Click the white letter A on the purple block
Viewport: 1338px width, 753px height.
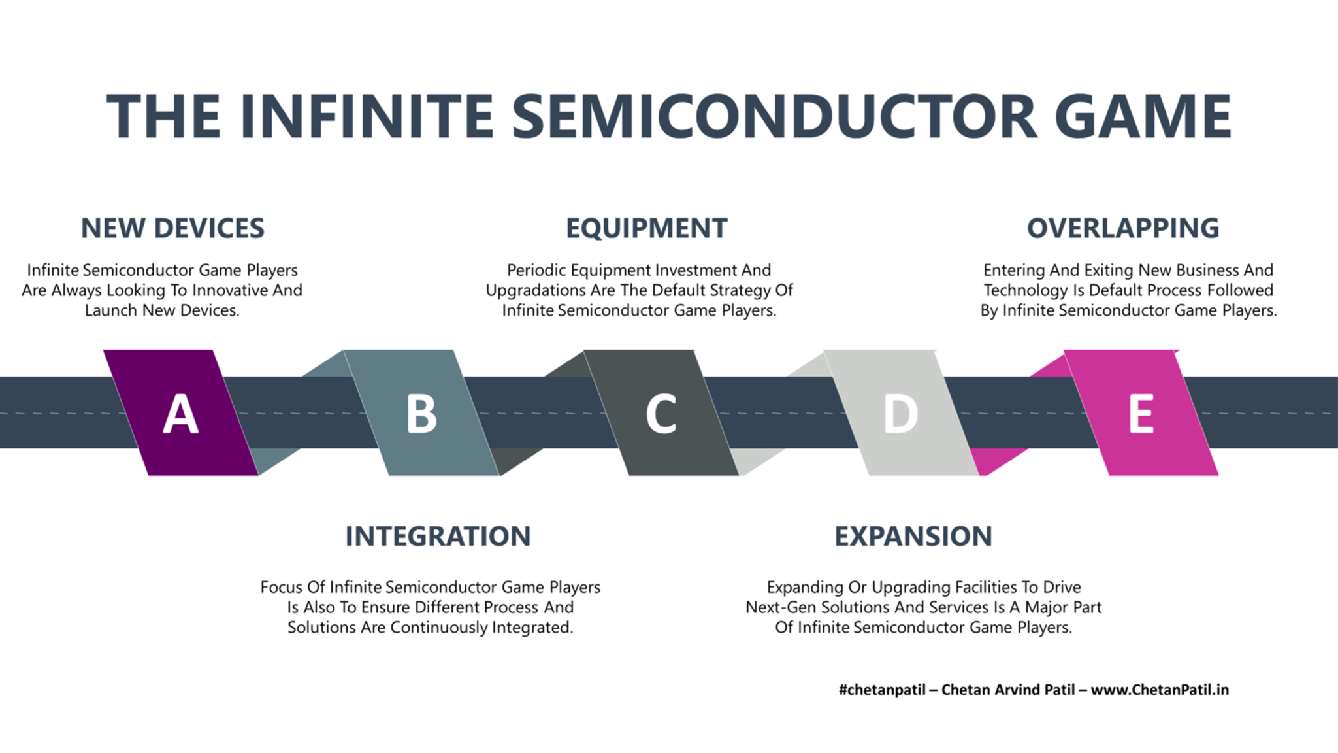[x=180, y=414]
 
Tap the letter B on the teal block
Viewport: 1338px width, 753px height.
[x=421, y=414]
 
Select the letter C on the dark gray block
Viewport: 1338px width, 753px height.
[x=661, y=414]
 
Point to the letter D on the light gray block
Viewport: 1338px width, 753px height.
[x=901, y=414]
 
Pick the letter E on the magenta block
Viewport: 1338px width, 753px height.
[x=1141, y=414]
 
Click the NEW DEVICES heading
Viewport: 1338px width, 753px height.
[x=172, y=228]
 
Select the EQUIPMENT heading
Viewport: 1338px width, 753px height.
[x=647, y=228]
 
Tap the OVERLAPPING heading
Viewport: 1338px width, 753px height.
[x=1123, y=228]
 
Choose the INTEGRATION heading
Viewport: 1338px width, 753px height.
[x=438, y=537]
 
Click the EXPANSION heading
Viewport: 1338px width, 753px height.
[x=913, y=537]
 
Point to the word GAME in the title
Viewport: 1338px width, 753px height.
[x=1143, y=116]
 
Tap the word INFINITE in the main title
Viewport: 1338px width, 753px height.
[x=367, y=116]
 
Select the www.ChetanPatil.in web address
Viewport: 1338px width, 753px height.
[x=1160, y=690]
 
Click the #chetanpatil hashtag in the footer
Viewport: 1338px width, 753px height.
[x=881, y=690]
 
